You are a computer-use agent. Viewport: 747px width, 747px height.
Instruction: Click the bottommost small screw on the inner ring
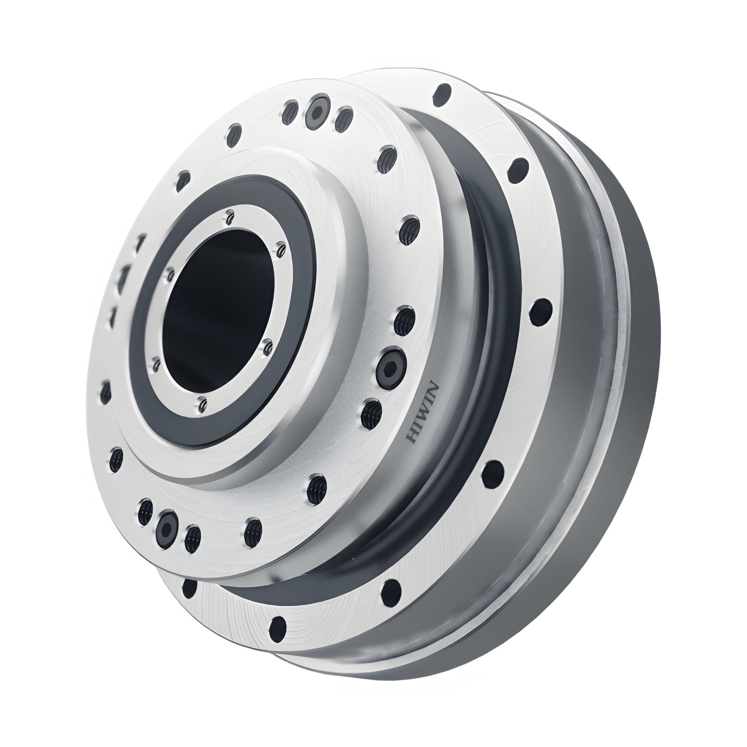pyautogui.click(x=201, y=404)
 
